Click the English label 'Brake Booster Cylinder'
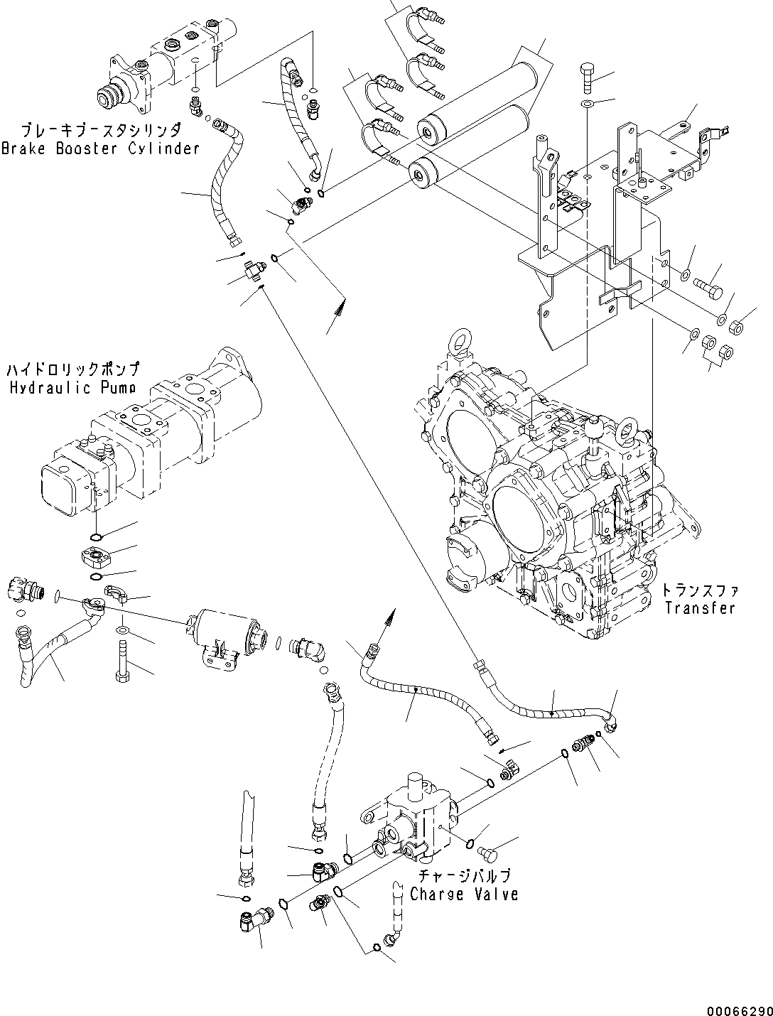[100, 148]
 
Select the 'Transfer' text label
[700, 607]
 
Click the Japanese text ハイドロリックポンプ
[73, 370]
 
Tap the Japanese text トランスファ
[700, 590]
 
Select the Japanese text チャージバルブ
[464, 876]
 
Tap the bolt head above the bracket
[586, 77]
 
